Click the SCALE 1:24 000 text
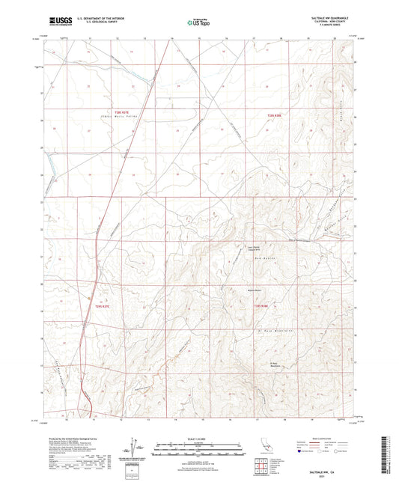pos(198,438)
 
